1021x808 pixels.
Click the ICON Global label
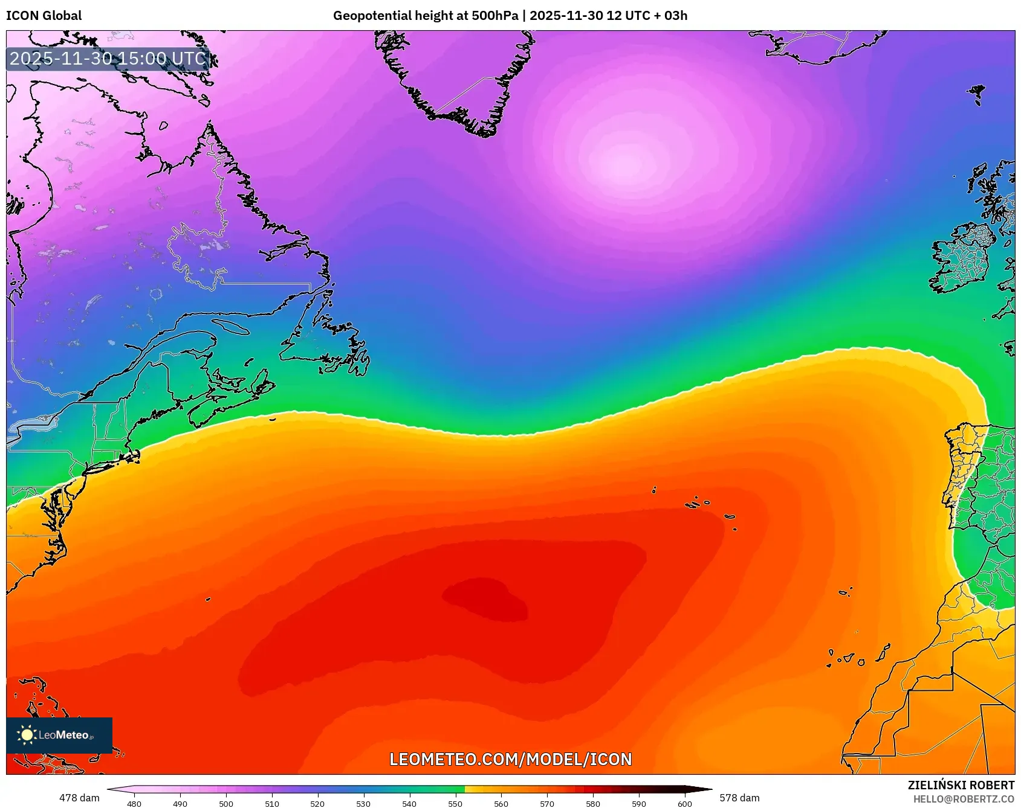pos(44,16)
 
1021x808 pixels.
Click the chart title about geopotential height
pos(510,16)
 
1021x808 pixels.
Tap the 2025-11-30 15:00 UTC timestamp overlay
pos(108,59)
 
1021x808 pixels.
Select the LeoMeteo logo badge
pos(59,735)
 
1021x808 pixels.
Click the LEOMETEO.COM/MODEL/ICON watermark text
pos(510,759)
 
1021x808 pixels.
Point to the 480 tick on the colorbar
pos(134,803)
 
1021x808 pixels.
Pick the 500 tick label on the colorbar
pos(226,803)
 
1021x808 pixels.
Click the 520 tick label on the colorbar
pos(317,803)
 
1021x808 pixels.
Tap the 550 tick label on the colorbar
pos(455,803)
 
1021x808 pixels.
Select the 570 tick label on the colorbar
pos(547,803)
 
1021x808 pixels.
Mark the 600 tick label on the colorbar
pos(685,803)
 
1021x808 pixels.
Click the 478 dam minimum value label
pos(79,798)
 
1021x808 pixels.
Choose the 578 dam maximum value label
pos(739,798)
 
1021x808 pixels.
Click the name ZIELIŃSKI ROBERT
pos(961,785)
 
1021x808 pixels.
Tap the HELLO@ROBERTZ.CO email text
pos(964,799)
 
